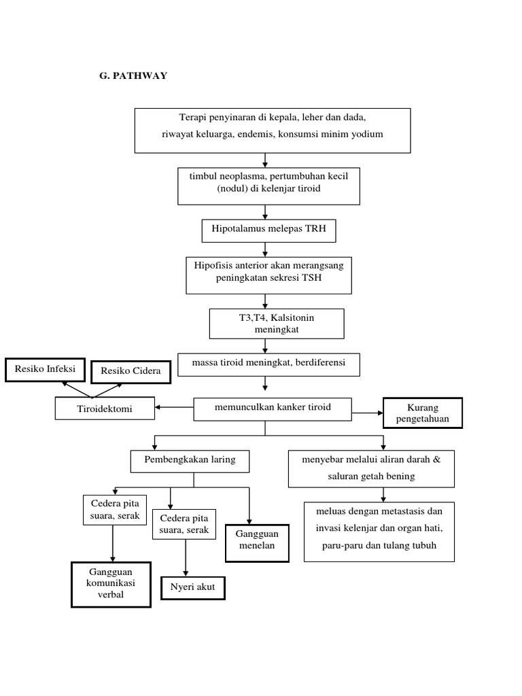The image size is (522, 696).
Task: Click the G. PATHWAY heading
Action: point(133,75)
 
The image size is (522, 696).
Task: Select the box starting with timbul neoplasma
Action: point(268,186)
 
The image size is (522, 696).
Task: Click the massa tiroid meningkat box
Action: point(268,364)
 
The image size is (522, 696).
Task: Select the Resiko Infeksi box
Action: point(45,370)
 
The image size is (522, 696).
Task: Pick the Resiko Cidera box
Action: point(130,371)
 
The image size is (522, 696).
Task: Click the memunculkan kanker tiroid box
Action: point(273,408)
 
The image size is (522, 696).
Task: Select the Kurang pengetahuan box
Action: point(423,413)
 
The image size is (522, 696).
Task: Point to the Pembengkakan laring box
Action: point(190,460)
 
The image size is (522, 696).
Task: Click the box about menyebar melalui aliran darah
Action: point(371,468)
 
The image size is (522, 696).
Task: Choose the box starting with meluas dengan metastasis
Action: point(379,532)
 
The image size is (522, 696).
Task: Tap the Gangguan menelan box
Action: point(258,542)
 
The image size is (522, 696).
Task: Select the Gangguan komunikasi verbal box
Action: point(111,584)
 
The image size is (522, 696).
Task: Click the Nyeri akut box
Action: point(192,587)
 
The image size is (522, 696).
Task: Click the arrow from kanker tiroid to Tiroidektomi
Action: point(174,408)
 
